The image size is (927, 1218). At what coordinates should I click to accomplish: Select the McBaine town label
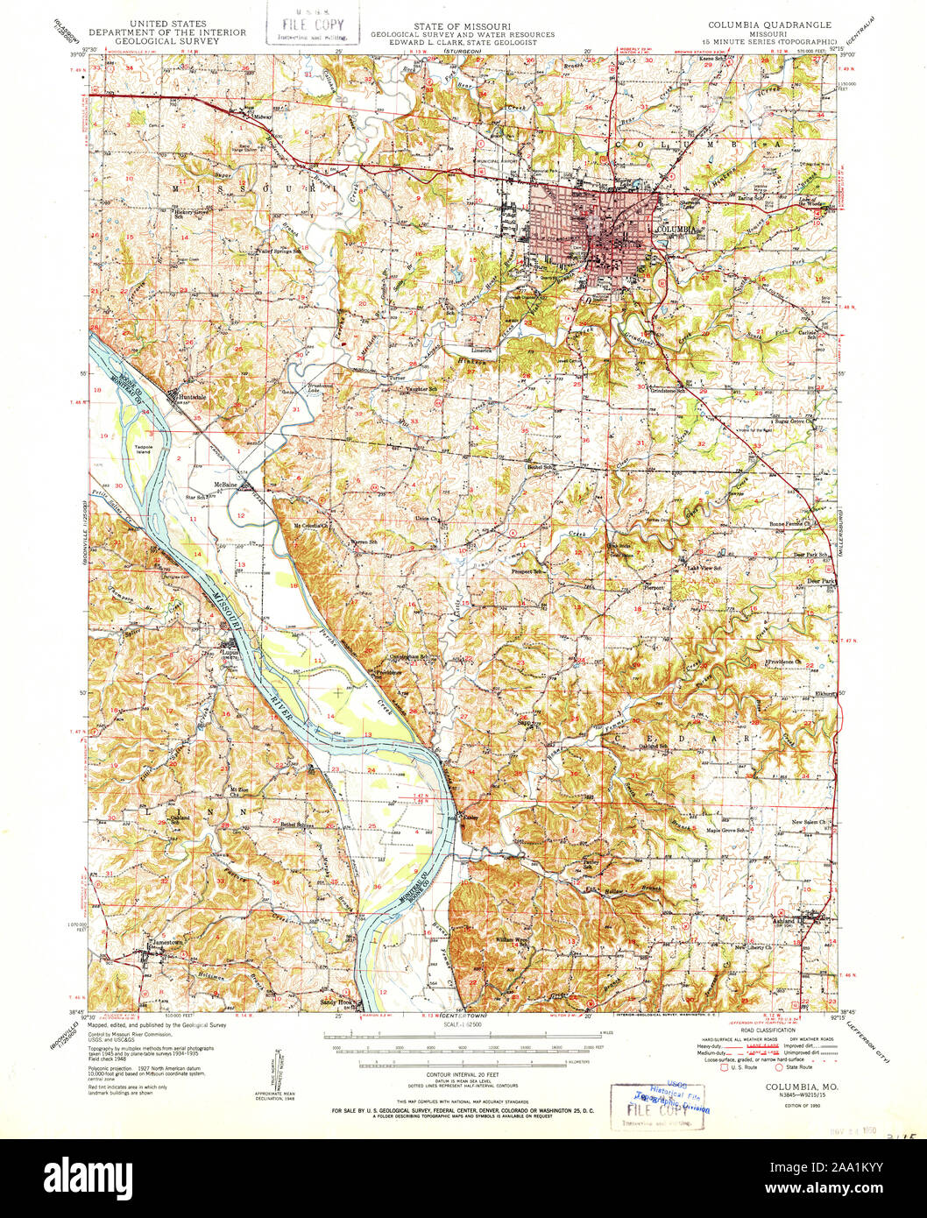click(x=223, y=484)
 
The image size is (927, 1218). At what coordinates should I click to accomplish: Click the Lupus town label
click(x=230, y=651)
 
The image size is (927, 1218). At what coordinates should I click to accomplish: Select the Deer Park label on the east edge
click(x=822, y=581)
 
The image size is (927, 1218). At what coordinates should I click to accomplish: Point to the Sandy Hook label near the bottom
click(x=336, y=1002)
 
